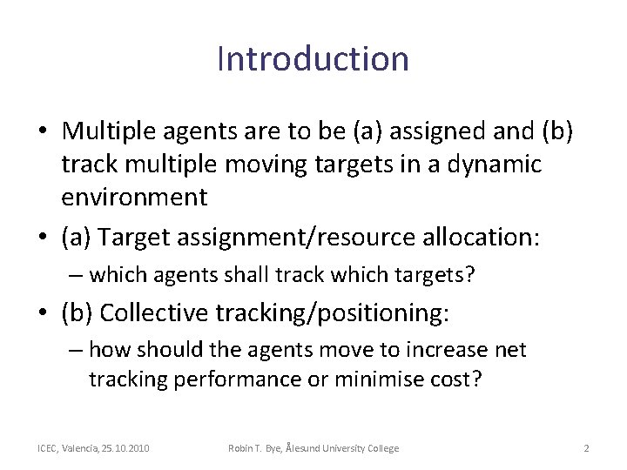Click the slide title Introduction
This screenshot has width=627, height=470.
coord(313,59)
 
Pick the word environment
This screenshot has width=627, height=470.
coord(134,197)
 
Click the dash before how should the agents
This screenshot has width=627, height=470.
coord(76,350)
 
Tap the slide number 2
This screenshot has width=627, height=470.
coord(586,448)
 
